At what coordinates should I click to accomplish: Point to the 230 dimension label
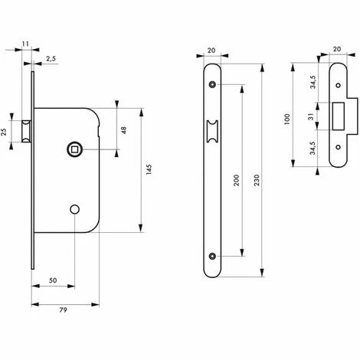(x=266, y=178)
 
